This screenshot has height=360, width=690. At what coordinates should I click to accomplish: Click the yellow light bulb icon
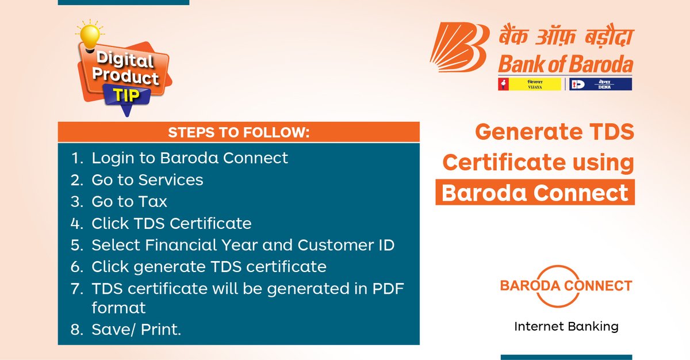pos(90,36)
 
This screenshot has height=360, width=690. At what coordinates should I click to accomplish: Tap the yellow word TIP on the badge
pos(126,95)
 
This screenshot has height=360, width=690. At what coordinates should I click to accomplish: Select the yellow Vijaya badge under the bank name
pos(530,84)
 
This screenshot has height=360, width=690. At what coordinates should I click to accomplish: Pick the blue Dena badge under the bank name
pos(601,84)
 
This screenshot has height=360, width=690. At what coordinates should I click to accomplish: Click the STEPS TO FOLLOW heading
pos(239,132)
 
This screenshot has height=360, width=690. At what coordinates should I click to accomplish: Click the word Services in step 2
pos(171,180)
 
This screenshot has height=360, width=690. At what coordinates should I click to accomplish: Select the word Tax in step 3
pos(153,202)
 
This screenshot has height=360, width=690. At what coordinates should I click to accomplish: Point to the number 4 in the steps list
pos(76,224)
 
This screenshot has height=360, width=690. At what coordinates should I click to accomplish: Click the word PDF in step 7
pos(388,289)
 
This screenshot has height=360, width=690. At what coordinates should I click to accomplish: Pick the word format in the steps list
pos(118,308)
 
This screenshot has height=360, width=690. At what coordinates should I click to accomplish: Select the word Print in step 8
pos(161,330)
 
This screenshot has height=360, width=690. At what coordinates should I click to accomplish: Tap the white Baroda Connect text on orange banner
pos(535,193)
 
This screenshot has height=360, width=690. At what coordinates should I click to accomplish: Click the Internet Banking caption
pos(566,327)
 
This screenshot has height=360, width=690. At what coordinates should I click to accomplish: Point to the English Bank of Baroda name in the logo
pos(566,64)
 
